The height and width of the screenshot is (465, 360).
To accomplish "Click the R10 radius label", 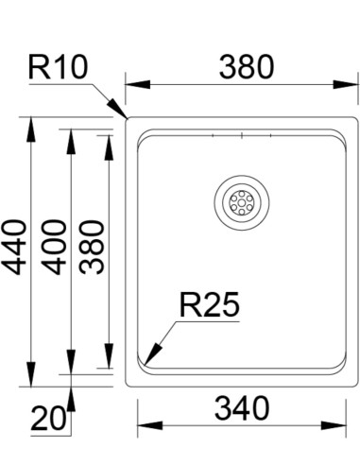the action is [x=58, y=67].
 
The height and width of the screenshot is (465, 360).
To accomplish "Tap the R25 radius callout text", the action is [x=210, y=305].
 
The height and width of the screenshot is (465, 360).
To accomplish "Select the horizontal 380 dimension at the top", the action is [x=247, y=67].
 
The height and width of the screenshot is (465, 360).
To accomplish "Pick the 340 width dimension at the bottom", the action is [x=242, y=409].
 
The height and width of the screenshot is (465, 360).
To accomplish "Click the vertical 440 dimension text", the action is [x=14, y=248].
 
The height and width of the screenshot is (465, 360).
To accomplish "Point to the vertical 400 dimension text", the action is [x=54, y=248].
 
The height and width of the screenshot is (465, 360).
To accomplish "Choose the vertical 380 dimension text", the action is [x=92, y=248].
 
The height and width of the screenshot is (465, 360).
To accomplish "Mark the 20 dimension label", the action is [x=49, y=419].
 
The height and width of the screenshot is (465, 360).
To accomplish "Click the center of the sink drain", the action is [x=242, y=202].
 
